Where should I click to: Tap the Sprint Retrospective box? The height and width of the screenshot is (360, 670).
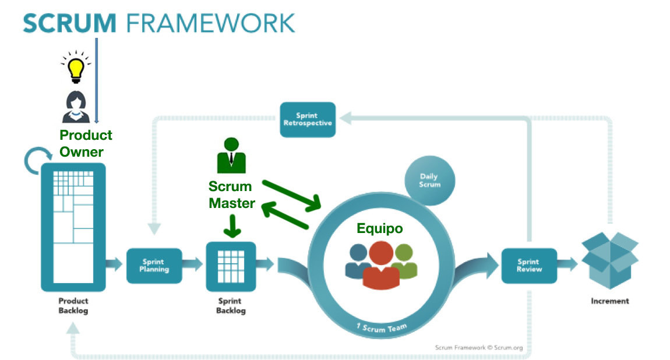[x=307, y=119]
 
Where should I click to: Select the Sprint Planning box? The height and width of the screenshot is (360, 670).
[x=154, y=266]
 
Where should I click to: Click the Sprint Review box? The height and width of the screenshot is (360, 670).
[x=528, y=266]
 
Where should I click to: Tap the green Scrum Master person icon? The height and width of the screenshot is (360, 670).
[x=231, y=156]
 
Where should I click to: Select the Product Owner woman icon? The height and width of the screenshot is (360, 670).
[x=75, y=107]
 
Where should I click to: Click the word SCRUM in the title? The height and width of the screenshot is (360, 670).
[x=70, y=23]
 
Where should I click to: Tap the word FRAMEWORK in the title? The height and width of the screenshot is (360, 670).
[x=210, y=23]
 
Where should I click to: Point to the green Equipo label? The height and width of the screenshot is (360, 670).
[x=379, y=228]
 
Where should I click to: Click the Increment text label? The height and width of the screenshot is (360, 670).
[x=610, y=301]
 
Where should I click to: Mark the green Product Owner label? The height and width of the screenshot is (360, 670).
[x=86, y=143]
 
